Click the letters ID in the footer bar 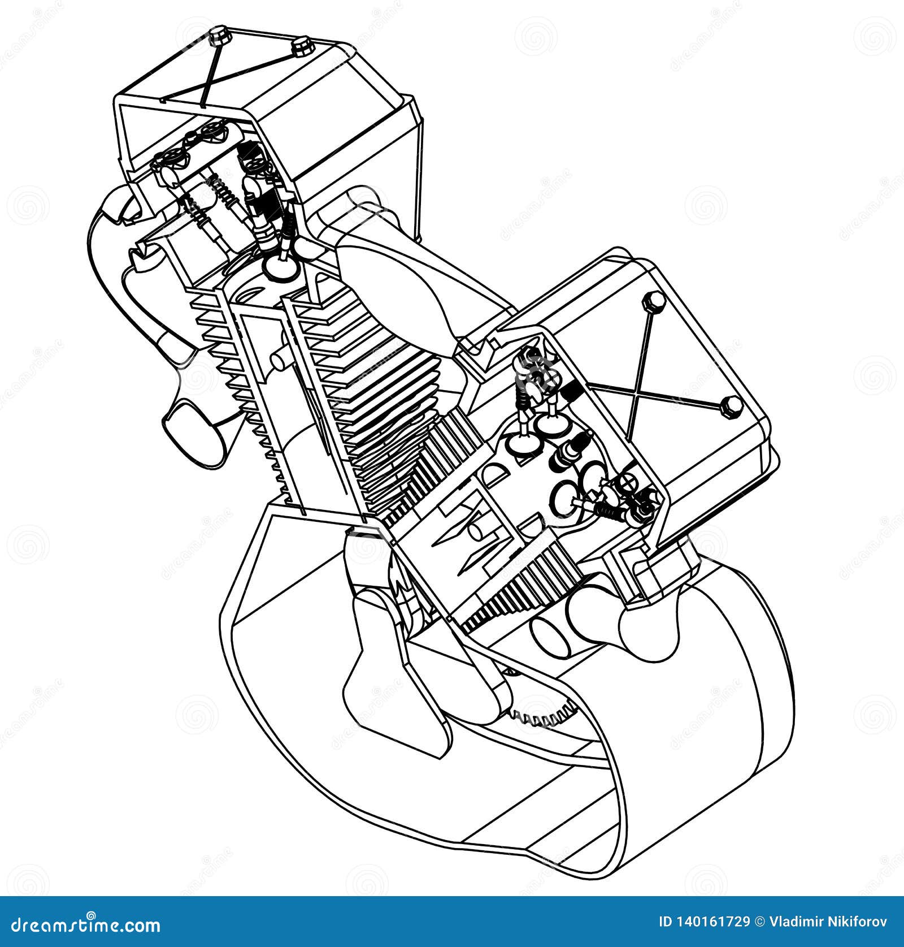[666, 922]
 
